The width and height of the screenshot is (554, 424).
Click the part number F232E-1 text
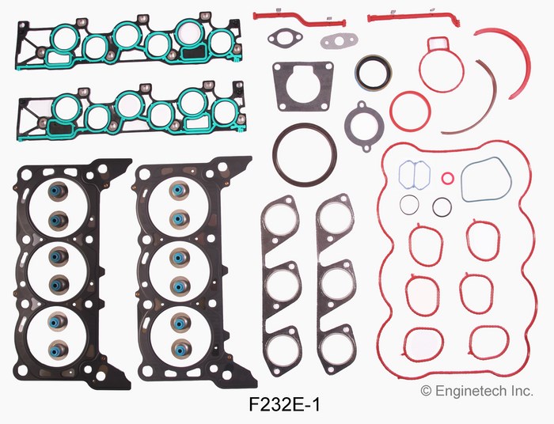pyautogui.click(x=284, y=404)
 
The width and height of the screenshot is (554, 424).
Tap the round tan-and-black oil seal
pyautogui.click(x=373, y=74)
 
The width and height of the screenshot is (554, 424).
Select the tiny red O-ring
pyautogui.click(x=447, y=177)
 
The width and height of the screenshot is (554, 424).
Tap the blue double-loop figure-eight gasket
pyautogui.click(x=414, y=175)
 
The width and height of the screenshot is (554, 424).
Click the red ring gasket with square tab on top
pyautogui.click(x=421, y=66)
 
